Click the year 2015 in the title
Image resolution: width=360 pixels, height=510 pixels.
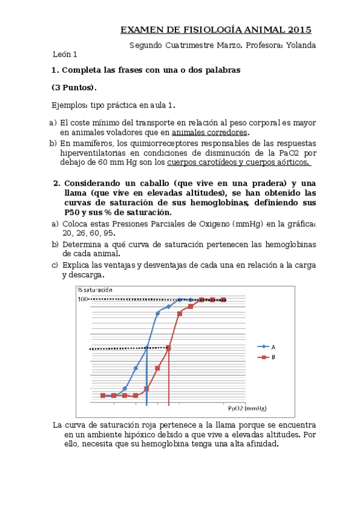pyautogui.click(x=299, y=30)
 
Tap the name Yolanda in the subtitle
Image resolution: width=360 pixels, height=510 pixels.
pyautogui.click(x=300, y=45)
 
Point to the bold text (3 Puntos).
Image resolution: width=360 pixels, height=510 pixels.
pyautogui.click(x=74, y=87)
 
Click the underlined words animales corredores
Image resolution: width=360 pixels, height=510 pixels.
pyautogui.click(x=210, y=132)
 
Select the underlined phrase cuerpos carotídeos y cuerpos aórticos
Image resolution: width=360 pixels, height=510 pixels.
pyautogui.click(x=239, y=162)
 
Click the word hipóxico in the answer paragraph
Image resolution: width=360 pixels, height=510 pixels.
pyautogui.click(x=130, y=434)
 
